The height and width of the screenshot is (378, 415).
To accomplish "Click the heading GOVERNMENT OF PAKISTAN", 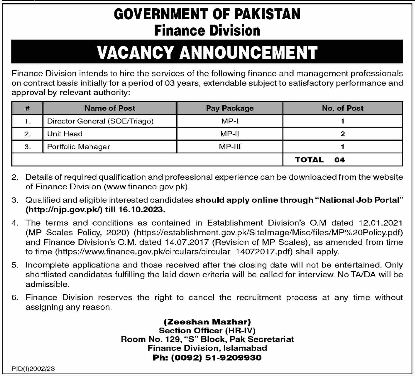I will pyautogui.click(x=207, y=14).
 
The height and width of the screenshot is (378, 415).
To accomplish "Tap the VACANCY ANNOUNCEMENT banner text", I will pyautogui.click(x=207, y=52).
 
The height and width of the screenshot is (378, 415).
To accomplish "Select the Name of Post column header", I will pyautogui.click(x=110, y=108).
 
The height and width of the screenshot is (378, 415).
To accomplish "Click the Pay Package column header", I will pyautogui.click(x=230, y=108).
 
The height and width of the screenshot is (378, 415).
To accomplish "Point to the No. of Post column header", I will pyautogui.click(x=343, y=108).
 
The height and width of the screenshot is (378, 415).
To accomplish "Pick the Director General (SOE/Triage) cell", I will pyautogui.click(x=100, y=121).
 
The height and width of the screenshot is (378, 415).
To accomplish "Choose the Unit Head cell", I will pyautogui.click(x=65, y=134).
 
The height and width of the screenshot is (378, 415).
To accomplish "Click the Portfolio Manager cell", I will pyautogui.click(x=78, y=147).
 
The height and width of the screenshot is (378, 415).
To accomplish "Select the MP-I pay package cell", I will pyautogui.click(x=230, y=121).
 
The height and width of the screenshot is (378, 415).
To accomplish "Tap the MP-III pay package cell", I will pyautogui.click(x=230, y=147).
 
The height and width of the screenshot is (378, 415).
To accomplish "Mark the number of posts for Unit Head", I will pyautogui.click(x=343, y=134).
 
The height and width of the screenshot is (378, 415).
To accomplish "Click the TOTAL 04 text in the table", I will pyautogui.click(x=320, y=160).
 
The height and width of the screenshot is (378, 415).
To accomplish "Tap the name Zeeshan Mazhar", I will pyautogui.click(x=207, y=322).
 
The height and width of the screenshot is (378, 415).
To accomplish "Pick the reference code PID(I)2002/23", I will pyautogui.click(x=33, y=369).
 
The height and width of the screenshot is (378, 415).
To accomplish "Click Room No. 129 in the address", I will pyautogui.click(x=151, y=339).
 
